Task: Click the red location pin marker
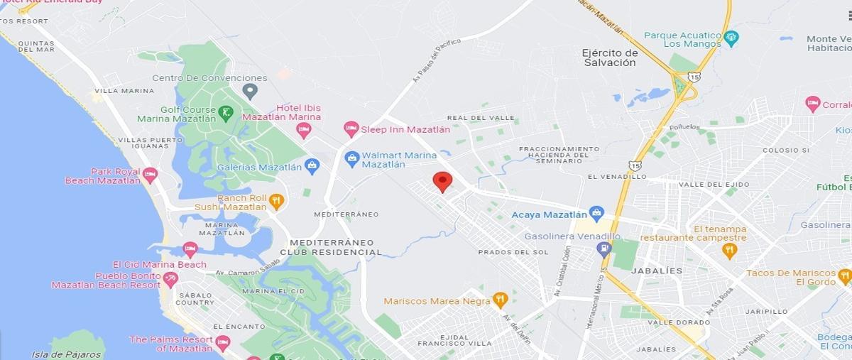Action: point(442,181)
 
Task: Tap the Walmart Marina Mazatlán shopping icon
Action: point(351,158)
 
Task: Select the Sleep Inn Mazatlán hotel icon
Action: point(351,129)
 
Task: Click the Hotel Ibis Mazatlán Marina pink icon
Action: point(304,130)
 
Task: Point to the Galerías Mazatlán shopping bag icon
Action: point(312,166)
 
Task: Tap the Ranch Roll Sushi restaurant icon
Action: point(276,202)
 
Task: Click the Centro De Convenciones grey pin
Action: point(249,91)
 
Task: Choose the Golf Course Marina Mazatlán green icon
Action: point(226,111)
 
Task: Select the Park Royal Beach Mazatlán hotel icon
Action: point(150,175)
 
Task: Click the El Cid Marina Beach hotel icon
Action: point(190,249)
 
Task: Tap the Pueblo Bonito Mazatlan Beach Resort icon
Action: point(170,279)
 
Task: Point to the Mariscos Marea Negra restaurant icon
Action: point(500,300)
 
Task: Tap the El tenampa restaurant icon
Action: point(729,250)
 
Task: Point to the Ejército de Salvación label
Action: point(609,58)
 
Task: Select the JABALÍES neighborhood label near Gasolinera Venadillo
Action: point(660,271)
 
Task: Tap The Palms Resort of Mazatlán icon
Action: point(222,343)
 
